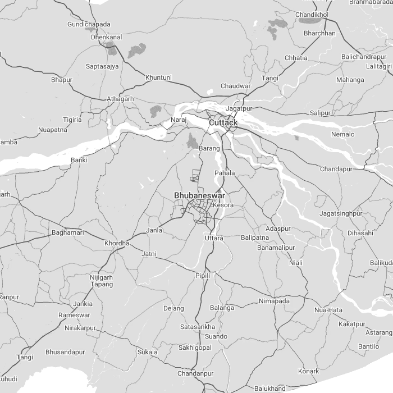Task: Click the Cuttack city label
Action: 223,122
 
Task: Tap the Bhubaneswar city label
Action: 199,195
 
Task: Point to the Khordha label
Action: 117,243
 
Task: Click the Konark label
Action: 308,371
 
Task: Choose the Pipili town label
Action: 202,276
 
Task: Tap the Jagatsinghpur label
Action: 341,213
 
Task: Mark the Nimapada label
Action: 275,301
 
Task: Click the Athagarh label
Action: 121,99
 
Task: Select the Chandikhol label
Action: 312,14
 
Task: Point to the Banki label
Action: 79,160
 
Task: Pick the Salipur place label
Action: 321,113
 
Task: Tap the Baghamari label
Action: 67,232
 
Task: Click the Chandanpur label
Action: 195,373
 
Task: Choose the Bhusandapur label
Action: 65,352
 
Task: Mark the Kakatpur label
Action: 352,324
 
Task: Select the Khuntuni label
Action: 158,77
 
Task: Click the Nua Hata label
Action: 328,310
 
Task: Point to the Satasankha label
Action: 198,327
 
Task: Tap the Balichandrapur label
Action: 364,57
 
